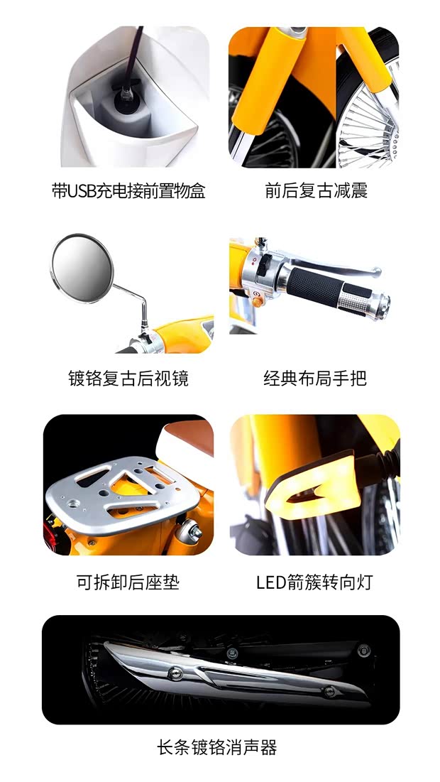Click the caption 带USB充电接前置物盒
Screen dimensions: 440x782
tap(128, 191)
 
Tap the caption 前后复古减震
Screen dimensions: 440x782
tap(317, 191)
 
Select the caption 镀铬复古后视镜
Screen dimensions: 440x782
tap(128, 378)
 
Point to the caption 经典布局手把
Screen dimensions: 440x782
tap(315, 378)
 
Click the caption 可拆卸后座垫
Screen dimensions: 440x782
tap(128, 582)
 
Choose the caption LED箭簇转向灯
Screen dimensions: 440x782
tap(314, 582)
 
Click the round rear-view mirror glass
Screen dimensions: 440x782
tap(82, 268)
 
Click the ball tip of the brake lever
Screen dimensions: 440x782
tap(377, 272)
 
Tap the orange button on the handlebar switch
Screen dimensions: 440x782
tap(257, 301)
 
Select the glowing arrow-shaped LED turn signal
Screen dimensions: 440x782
tap(310, 484)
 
